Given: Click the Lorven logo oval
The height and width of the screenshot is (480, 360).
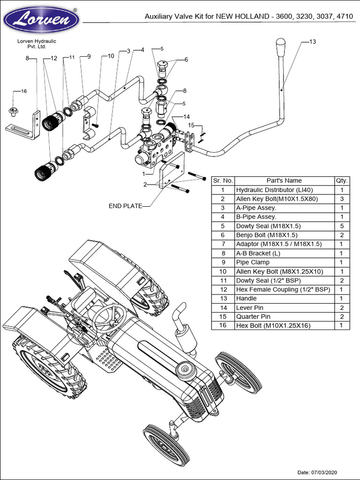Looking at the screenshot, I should click(41, 20).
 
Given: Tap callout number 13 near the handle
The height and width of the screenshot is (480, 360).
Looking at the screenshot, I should click(313, 42).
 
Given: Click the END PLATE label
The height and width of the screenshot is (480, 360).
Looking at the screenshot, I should click(125, 206).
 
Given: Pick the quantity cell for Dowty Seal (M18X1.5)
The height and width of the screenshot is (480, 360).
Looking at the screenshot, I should click(342, 226).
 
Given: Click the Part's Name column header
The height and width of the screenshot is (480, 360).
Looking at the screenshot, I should click(284, 180).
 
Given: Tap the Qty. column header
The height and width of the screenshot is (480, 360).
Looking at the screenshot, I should click(342, 180).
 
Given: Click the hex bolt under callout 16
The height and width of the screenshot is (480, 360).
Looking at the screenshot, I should click(13, 112).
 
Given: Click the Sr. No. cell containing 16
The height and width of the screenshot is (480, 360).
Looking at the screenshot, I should click(223, 326).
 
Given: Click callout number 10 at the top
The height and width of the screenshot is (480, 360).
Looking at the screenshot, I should click(111, 56).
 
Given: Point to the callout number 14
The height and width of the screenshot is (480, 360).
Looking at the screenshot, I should click(187, 117).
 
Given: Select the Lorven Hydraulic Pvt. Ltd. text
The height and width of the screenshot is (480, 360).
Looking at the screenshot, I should click(37, 44).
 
